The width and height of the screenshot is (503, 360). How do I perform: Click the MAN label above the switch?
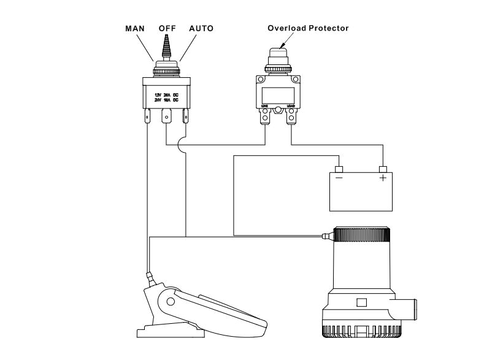[135, 29]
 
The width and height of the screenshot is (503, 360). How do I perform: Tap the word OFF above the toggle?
[167, 29]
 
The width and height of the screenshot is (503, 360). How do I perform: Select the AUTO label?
[202, 29]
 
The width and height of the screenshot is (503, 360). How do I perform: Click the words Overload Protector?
[307, 28]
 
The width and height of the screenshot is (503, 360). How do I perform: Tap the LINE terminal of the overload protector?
[265, 118]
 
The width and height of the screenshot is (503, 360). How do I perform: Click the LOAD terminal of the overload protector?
[291, 118]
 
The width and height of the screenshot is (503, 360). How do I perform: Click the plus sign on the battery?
[383, 178]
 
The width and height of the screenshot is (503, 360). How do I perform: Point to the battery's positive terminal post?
[383, 169]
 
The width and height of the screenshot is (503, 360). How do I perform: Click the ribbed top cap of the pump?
[360, 236]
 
